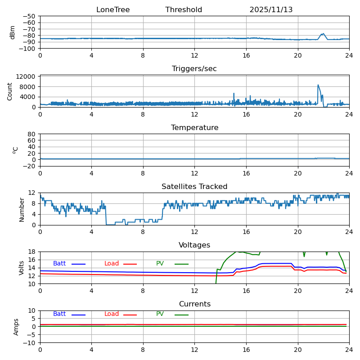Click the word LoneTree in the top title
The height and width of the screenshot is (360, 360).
113,10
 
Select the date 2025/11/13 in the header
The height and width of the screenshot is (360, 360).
271,10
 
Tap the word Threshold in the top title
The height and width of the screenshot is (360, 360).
184,10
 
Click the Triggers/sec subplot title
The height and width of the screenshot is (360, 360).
194,69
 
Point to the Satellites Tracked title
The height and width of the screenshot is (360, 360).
194,187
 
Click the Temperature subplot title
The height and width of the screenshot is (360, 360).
194,128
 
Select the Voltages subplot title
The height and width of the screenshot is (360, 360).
194,245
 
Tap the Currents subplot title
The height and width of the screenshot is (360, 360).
194,304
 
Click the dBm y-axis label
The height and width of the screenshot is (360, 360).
13,32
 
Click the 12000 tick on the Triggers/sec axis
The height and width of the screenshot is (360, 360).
27,77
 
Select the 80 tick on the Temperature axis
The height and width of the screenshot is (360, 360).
31,134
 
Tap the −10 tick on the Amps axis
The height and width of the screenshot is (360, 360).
29,343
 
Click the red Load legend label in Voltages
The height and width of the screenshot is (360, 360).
112,264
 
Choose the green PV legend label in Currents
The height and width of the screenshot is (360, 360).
160,314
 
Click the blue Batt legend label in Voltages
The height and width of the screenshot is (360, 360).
59,264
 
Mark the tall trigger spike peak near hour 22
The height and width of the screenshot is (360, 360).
318,85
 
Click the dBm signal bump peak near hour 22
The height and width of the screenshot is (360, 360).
323,34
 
